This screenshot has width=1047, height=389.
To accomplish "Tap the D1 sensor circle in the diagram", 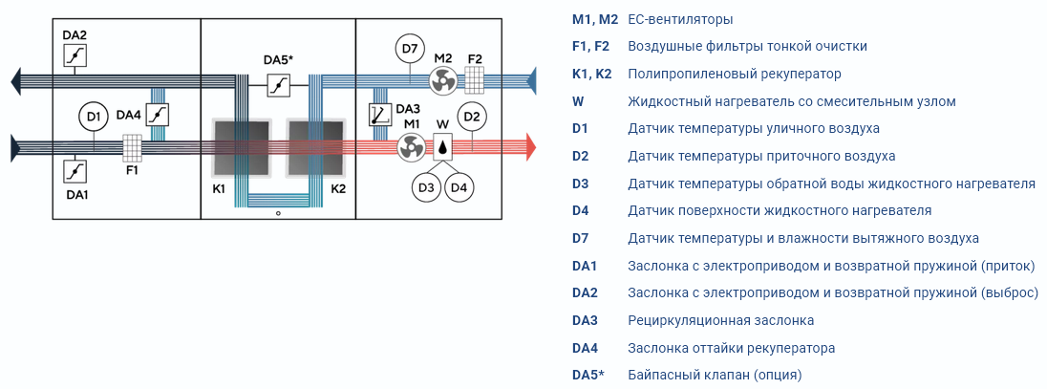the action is (94, 118).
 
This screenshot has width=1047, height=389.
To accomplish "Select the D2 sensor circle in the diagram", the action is (472, 118).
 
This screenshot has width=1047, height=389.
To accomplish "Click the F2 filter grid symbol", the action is (475, 80).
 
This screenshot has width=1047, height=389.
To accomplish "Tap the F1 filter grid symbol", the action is (132, 148).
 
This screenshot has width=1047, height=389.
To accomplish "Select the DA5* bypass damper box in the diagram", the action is (278, 85).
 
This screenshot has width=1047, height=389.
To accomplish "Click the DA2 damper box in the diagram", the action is (75, 55).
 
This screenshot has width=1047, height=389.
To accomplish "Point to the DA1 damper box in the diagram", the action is (75, 171).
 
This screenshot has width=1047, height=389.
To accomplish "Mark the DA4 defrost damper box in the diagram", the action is (158, 115).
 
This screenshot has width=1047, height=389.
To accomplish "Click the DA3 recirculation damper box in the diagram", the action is (380, 115).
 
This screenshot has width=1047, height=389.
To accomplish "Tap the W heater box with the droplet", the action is (442, 147).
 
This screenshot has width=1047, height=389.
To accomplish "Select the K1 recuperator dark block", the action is (241, 148).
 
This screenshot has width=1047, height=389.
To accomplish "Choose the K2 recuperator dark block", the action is (316, 148).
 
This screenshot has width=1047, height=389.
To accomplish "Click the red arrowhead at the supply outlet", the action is (531, 147).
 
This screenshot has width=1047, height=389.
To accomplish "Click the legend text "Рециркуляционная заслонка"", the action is (721, 320).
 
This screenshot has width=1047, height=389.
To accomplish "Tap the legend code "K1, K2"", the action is (591, 75).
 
